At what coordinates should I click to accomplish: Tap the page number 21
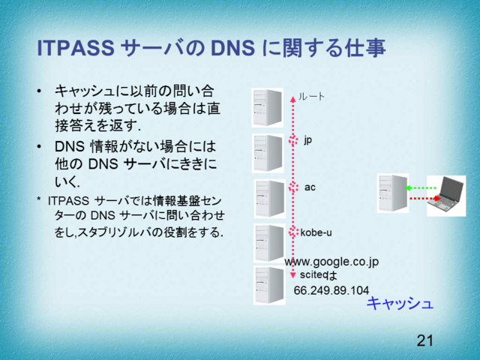coord(425,341)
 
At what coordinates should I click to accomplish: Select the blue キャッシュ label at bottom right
coord(400,303)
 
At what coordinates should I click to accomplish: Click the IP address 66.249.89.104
coord(331,290)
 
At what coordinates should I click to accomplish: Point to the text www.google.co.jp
coord(331,261)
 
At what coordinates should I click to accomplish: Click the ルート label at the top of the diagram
coord(312,96)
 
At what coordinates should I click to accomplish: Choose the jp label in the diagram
coord(307,139)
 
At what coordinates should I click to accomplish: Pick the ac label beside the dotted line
coord(310,186)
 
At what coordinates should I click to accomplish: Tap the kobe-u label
coord(316,232)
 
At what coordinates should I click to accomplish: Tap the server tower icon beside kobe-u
coord(268,242)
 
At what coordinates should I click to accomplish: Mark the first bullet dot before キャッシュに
coord(39,92)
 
